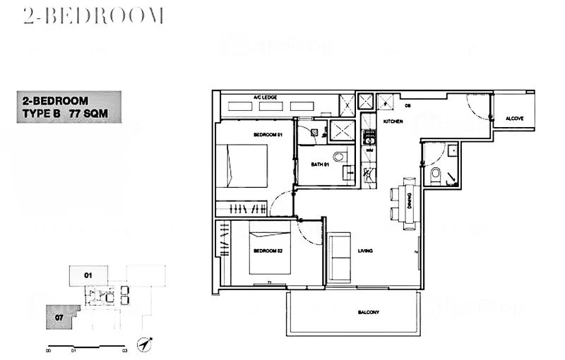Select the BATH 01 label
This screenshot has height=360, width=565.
(x=320, y=165)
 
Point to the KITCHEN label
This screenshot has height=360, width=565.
(x=393, y=121)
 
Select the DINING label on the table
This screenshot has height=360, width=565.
(x=410, y=203)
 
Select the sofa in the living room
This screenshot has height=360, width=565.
(x=340, y=256)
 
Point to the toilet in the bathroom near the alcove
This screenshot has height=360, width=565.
(x=435, y=176)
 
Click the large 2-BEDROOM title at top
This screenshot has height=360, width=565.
(x=93, y=16)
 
